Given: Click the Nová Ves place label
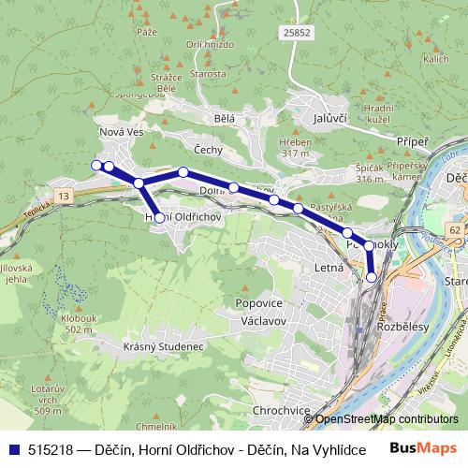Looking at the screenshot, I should [120, 133].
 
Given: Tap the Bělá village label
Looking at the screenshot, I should [224, 119].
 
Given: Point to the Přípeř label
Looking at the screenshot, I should [413, 140].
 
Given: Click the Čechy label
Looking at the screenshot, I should [207, 150].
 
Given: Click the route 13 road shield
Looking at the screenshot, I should [63, 195].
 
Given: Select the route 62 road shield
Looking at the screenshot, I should [454, 229].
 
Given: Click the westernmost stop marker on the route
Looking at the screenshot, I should [95, 165].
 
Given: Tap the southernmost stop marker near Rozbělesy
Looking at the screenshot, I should [372, 277].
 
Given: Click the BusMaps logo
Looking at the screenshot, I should [424, 448].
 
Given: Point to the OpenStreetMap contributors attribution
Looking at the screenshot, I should [387, 419].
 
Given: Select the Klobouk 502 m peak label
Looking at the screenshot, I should [80, 324].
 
